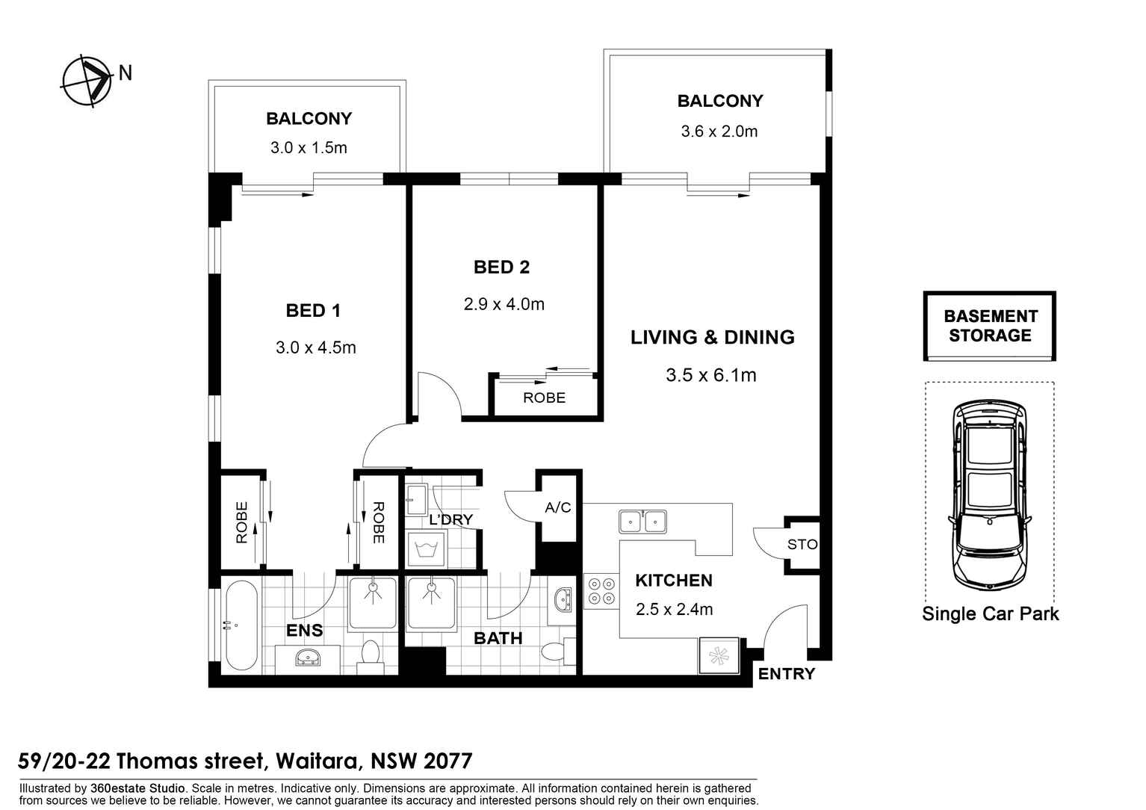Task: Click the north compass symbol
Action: (87, 81)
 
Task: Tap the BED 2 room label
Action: (502, 267)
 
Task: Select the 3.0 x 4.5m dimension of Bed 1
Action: (316, 348)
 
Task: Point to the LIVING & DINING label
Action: (713, 337)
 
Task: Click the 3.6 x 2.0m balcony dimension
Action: (719, 132)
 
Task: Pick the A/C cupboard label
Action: (557, 507)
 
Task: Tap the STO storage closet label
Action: (802, 545)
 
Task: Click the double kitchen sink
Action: (642, 522)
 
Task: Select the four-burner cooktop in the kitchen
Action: (601, 592)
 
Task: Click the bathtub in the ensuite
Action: (241, 625)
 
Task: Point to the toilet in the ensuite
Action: (371, 658)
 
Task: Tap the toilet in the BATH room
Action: (558, 652)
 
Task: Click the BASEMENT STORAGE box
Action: (990, 326)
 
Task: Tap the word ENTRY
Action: (787, 675)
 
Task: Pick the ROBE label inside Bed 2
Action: (545, 398)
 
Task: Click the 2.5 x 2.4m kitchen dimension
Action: (675, 610)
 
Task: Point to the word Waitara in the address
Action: (317, 762)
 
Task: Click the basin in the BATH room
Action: (563, 600)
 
